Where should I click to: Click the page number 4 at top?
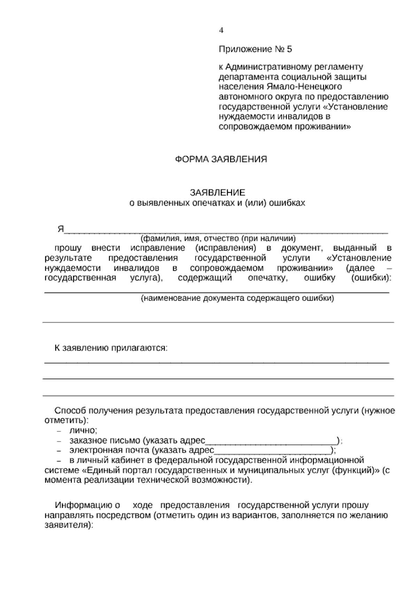pyautogui.click(x=221, y=30)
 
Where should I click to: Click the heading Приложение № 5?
pyautogui.click(x=255, y=49)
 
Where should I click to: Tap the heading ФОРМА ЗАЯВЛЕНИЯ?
pyautogui.click(x=220, y=160)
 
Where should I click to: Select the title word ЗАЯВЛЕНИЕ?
pyautogui.click(x=217, y=192)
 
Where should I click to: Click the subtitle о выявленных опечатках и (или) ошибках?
pyautogui.click(x=217, y=203)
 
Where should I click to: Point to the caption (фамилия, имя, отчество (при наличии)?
pyautogui.click(x=218, y=239)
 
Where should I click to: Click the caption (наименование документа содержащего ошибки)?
pyautogui.click(x=237, y=299)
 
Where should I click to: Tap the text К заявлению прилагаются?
pyautogui.click(x=111, y=348)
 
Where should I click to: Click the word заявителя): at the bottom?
pyautogui.click(x=69, y=525)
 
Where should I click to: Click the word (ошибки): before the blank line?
pyautogui.click(x=371, y=278)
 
